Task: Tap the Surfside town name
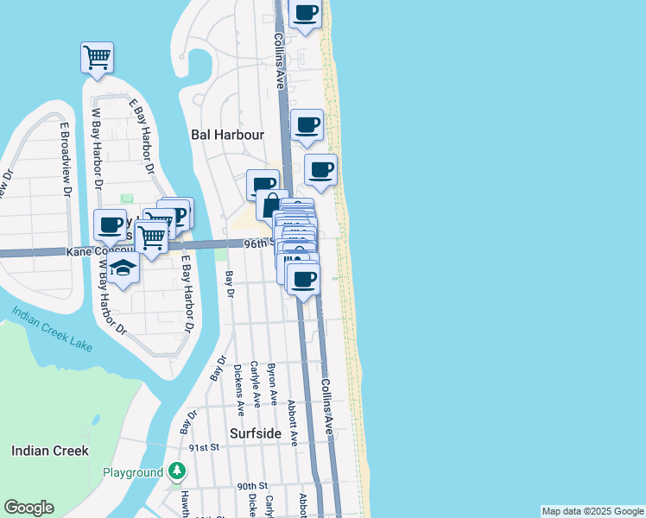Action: pyautogui.click(x=256, y=433)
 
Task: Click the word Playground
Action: pyautogui.click(x=132, y=472)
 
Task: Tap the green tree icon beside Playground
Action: pyautogui.click(x=177, y=471)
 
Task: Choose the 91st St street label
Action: pyautogui.click(x=205, y=447)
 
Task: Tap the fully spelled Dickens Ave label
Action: pyautogui.click(x=238, y=386)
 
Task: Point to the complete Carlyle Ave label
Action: pyautogui.click(x=256, y=383)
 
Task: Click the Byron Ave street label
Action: pyautogui.click(x=273, y=383)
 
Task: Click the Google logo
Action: pyautogui.click(x=28, y=509)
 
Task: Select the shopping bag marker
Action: pyautogui.click(x=272, y=206)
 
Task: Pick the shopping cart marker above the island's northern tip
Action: pyautogui.click(x=97, y=57)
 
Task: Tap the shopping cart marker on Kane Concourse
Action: pyautogui.click(x=151, y=235)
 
